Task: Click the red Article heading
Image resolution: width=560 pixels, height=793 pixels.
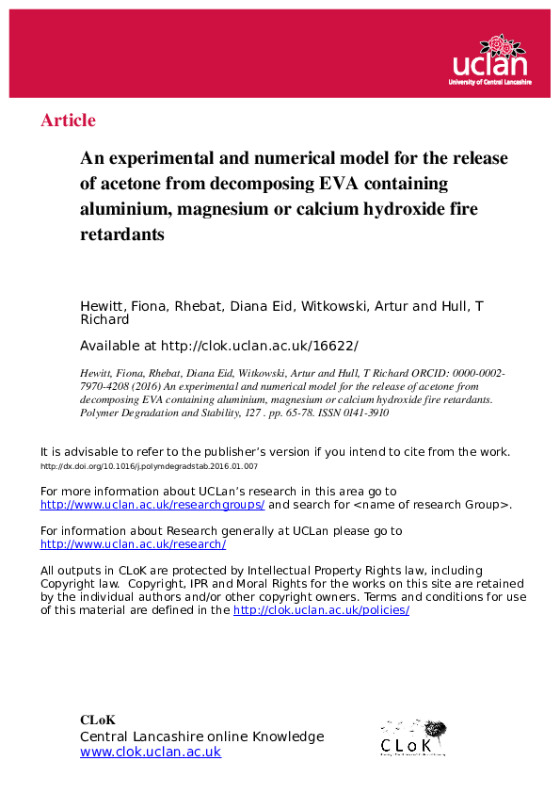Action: coord(68,121)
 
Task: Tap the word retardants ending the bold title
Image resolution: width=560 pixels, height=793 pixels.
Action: coord(122,234)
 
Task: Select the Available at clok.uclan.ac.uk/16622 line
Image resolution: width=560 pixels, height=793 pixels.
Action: coord(218,345)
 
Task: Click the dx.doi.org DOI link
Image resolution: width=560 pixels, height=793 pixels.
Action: coord(149,466)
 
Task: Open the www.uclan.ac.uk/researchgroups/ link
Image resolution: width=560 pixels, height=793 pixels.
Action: coord(152,505)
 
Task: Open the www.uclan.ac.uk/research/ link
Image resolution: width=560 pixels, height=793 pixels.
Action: coord(133,544)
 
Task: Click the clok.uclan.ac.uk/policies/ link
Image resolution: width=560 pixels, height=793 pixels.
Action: coord(321,610)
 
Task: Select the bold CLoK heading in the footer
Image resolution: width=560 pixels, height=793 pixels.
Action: coord(97,720)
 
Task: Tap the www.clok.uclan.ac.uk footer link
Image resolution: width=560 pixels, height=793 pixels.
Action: coord(151,753)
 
